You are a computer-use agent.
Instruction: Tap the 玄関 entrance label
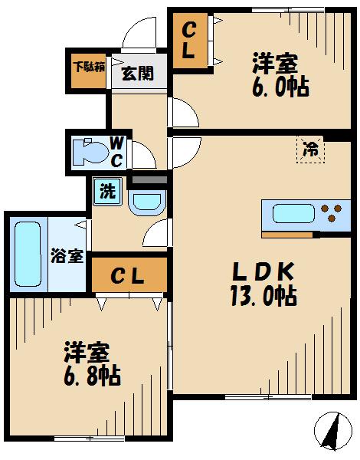point(138,74)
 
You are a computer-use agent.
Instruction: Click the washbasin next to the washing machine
point(145,203)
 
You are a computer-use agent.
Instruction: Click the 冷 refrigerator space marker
point(310,149)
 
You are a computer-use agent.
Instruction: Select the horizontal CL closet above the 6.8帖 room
point(128,275)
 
